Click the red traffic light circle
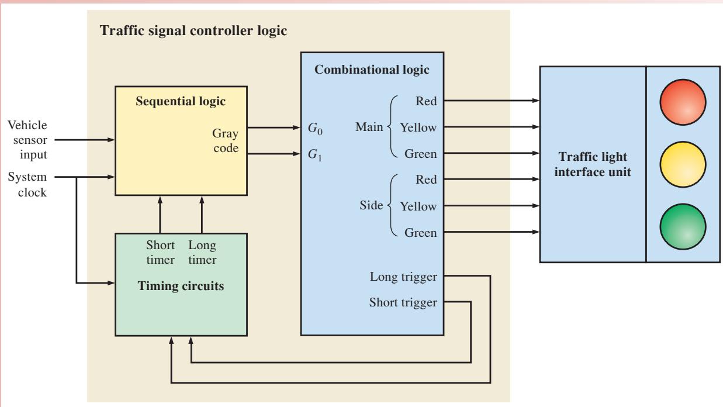point(683,102)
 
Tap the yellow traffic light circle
point(683,164)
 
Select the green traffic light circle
point(683,227)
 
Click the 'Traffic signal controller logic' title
point(193,31)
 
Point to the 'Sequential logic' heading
point(181,101)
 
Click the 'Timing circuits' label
point(181,286)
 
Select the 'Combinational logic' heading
point(372,70)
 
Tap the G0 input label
point(315,129)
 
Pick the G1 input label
point(315,155)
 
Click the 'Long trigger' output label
point(403,277)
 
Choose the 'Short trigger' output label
point(403,303)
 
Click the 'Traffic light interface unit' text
point(593,164)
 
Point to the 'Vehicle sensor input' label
point(27,140)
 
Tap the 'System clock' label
point(27,184)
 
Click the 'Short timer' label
point(160,252)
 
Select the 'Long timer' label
point(202,252)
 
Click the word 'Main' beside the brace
point(369,127)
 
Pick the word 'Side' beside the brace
point(371,205)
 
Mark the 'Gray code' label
point(226,141)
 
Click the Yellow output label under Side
point(418,206)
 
